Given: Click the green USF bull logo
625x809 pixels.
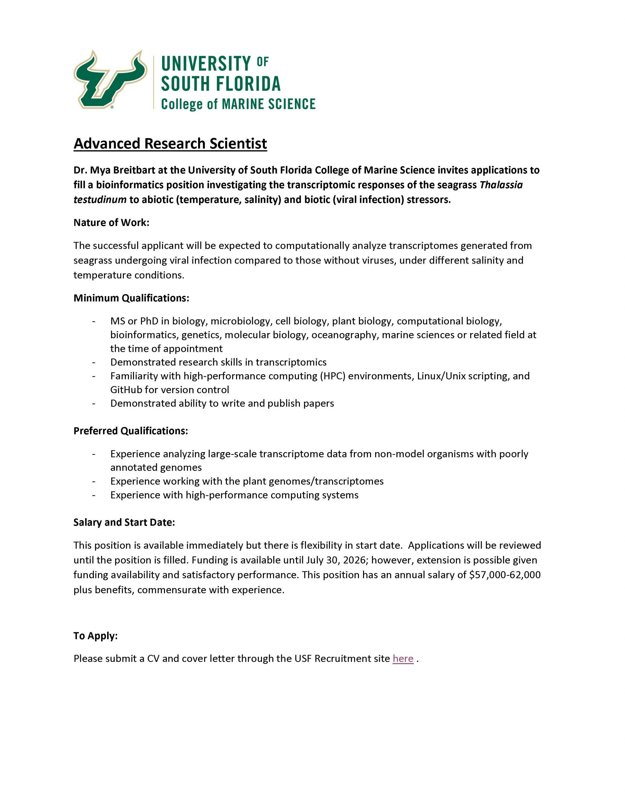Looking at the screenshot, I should (x=110, y=79).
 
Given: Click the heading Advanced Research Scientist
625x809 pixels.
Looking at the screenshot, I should (x=170, y=144).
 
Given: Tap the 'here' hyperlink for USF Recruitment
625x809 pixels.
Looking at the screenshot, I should (x=403, y=659).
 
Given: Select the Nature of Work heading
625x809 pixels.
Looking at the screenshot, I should (x=111, y=222).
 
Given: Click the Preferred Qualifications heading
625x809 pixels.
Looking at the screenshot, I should (x=130, y=431).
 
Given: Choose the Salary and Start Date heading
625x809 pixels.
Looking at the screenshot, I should (x=124, y=522).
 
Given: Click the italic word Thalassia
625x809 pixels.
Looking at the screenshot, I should (x=501, y=185).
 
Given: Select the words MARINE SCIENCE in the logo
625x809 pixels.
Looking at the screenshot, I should (x=268, y=104).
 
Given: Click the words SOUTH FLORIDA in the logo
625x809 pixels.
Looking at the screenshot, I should (x=221, y=84).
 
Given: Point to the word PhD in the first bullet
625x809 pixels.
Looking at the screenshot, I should (x=149, y=321).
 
